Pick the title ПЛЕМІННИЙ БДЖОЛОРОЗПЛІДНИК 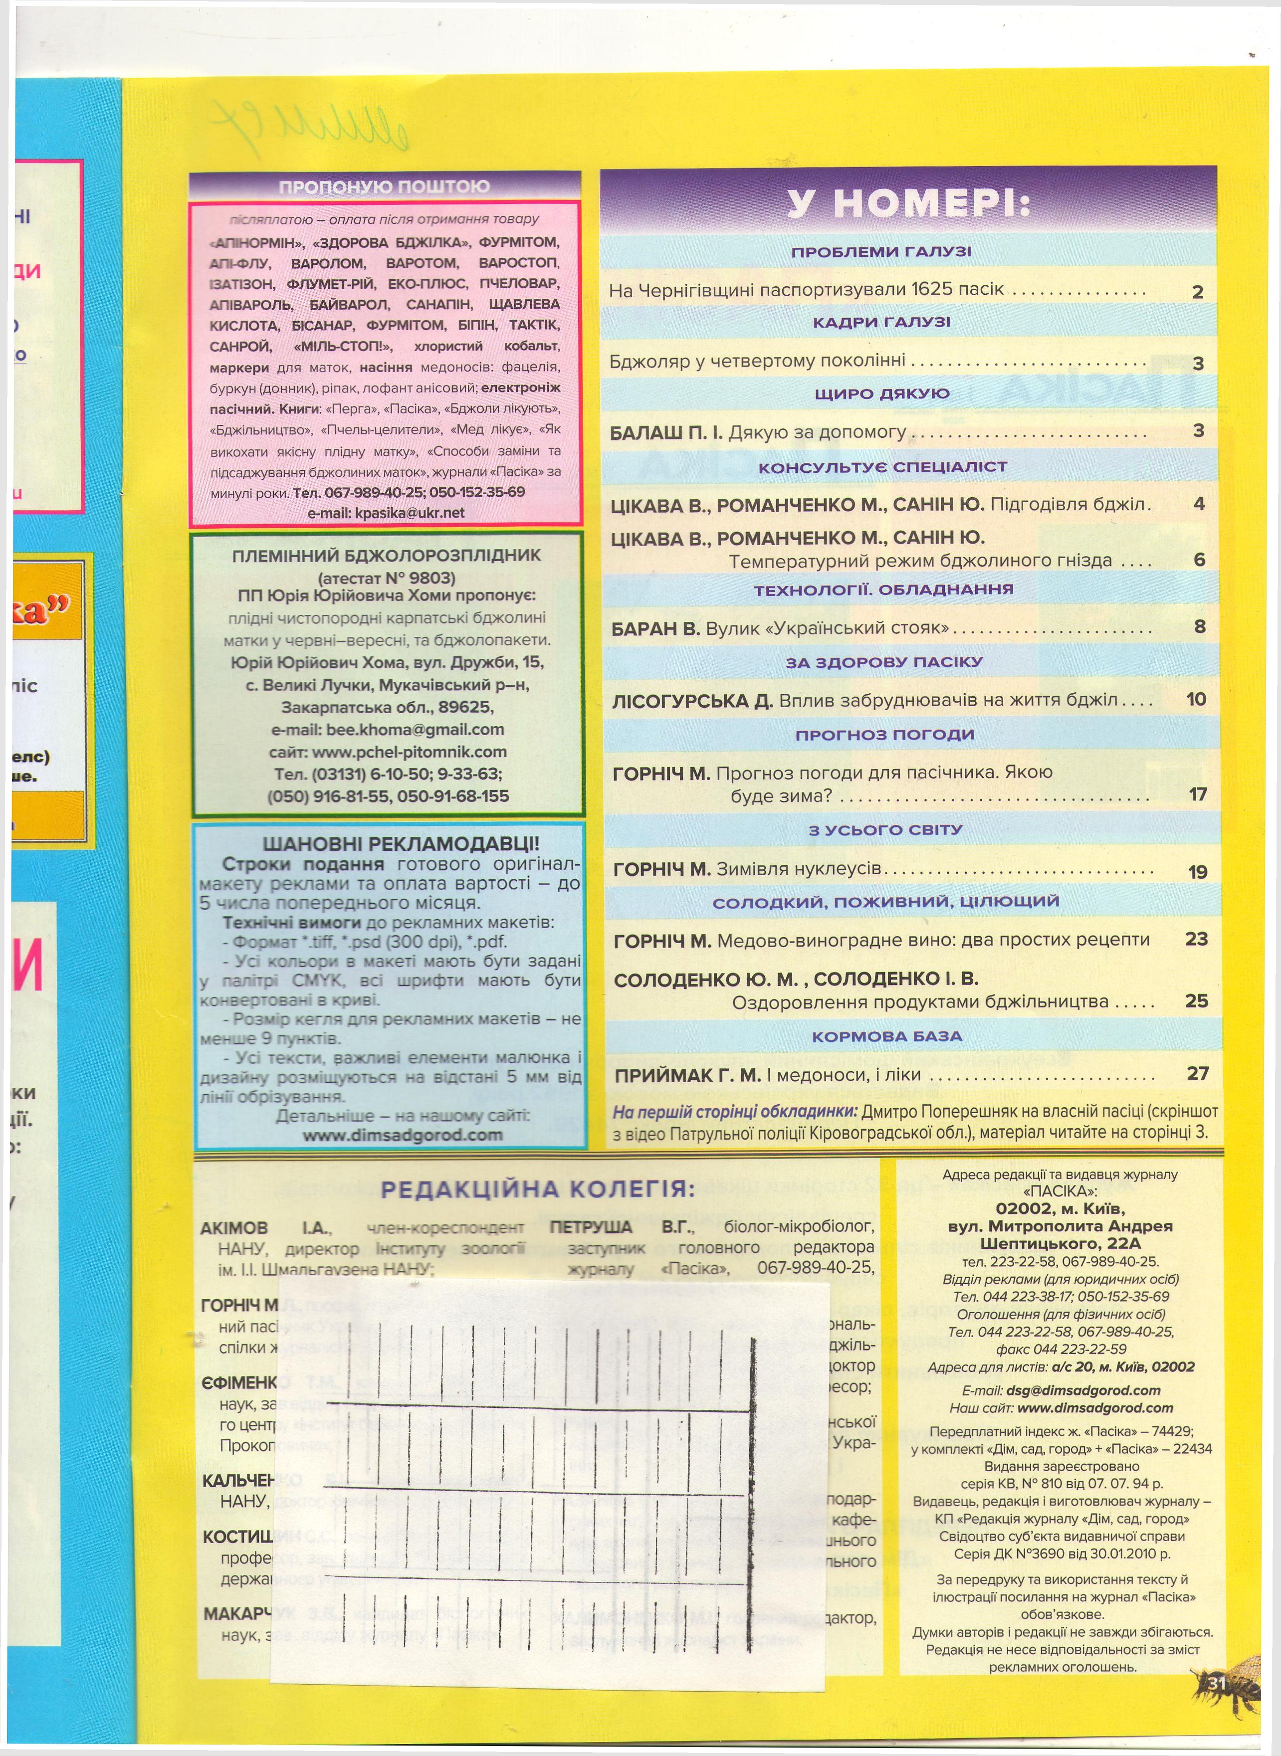(x=386, y=555)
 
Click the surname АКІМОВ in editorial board (x=233, y=1228)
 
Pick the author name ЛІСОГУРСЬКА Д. (x=692, y=701)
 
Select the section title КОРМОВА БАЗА (x=887, y=1036)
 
